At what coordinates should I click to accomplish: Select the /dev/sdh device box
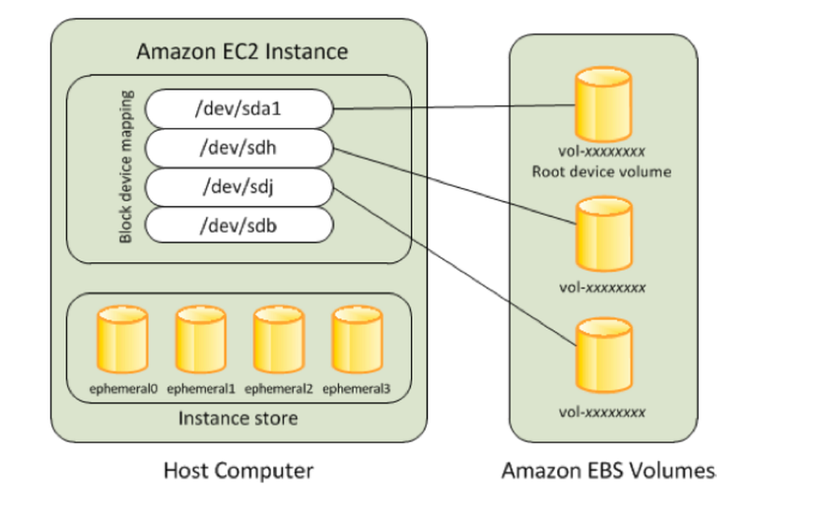[238, 148]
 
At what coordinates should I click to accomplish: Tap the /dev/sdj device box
[238, 186]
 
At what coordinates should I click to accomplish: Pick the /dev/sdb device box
[238, 224]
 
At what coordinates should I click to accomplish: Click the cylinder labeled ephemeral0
[123, 341]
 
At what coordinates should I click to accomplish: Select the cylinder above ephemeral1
[200, 341]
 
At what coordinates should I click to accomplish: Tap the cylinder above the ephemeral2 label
[278, 341]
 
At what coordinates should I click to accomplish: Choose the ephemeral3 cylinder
[356, 341]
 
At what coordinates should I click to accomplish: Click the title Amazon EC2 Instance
[242, 52]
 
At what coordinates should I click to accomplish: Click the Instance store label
[238, 418]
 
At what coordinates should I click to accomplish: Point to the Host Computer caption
[238, 472]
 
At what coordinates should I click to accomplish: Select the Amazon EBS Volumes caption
[609, 472]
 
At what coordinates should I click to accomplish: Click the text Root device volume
[602, 172]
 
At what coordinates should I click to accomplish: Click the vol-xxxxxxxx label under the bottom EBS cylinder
[602, 412]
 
